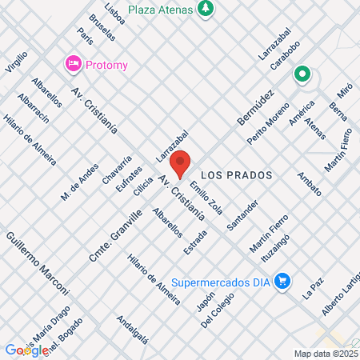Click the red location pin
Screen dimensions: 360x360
(x=181, y=164)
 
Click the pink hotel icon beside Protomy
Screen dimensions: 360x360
(x=74, y=62)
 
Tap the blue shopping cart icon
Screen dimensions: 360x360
(x=282, y=281)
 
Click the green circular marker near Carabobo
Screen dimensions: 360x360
(x=302, y=76)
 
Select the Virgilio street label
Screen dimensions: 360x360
(x=16, y=63)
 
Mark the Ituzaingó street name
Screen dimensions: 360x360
(x=274, y=245)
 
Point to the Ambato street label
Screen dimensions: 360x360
(x=309, y=184)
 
